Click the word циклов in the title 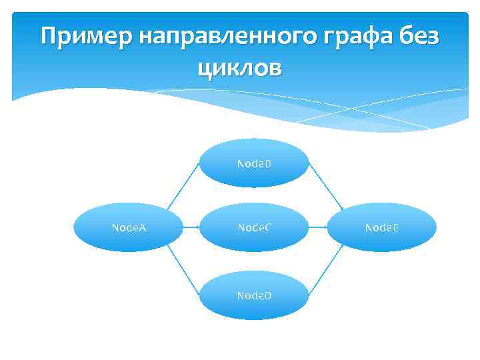(x=240, y=67)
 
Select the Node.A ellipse (x=128, y=227)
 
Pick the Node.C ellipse (x=255, y=227)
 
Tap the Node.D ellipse (x=255, y=294)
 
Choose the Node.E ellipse (x=382, y=227)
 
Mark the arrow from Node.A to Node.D (x=183, y=269)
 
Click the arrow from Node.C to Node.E (x=318, y=227)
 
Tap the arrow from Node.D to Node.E (x=325, y=270)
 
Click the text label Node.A (x=129, y=227)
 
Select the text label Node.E (x=382, y=227)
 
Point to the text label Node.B (x=255, y=163)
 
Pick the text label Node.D (x=255, y=294)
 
